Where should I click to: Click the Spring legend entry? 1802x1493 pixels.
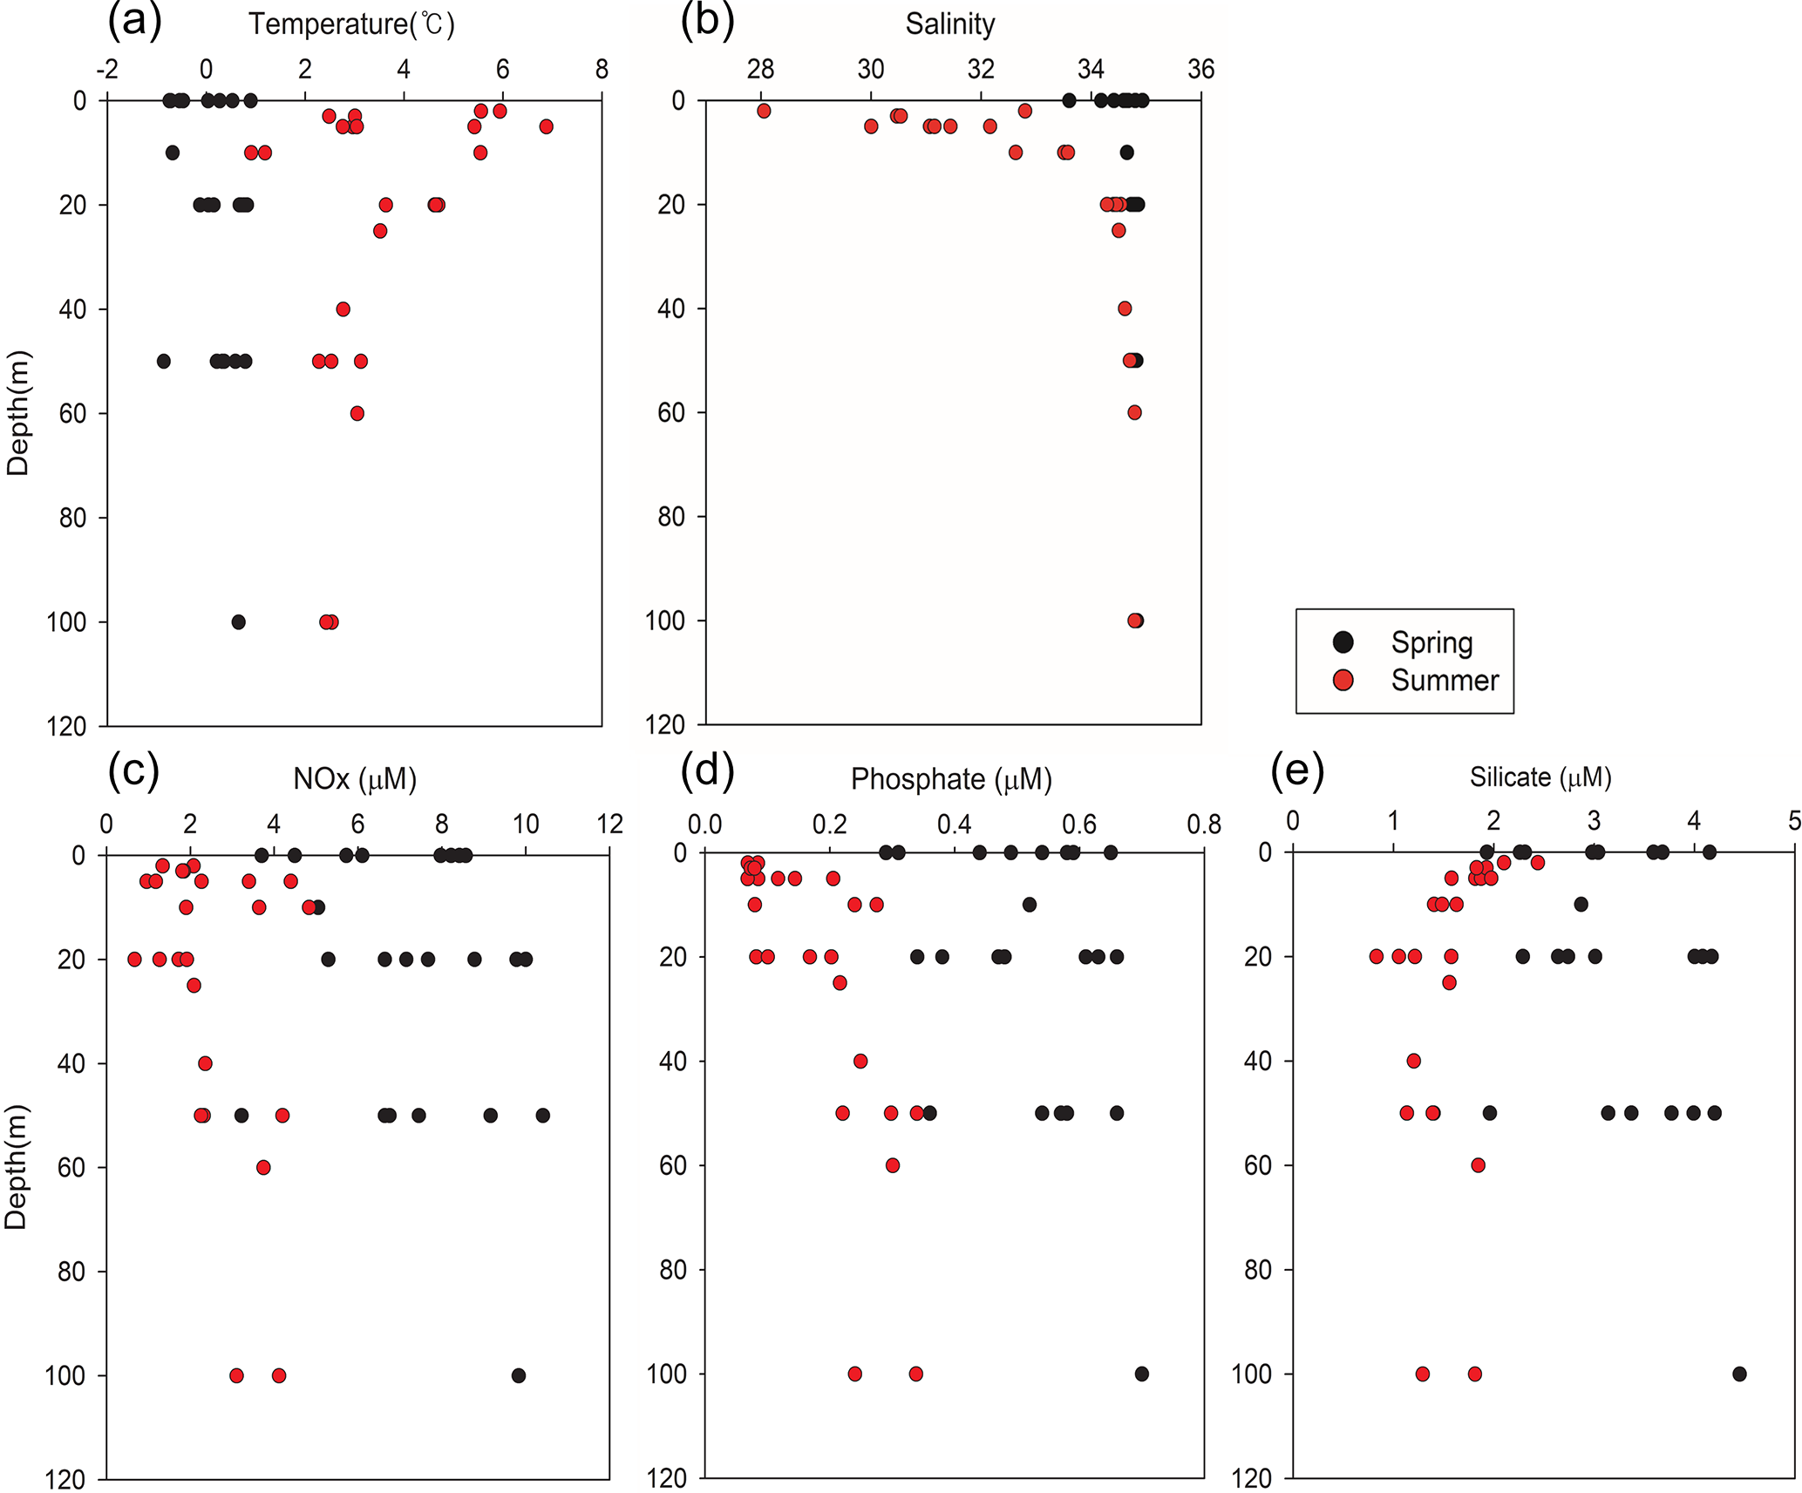(x=1431, y=642)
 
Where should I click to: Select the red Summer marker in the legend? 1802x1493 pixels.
(x=1343, y=680)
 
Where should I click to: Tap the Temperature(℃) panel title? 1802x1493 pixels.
(x=351, y=24)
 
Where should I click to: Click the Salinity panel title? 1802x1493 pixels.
(x=949, y=24)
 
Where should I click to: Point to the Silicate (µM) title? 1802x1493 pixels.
(x=1540, y=777)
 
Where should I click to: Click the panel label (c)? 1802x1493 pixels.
(x=133, y=770)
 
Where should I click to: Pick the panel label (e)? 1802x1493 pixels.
(x=1297, y=770)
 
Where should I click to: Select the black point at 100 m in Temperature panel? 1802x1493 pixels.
(x=238, y=621)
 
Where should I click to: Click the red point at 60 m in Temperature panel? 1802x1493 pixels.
(x=357, y=413)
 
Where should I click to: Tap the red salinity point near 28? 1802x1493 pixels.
(x=764, y=111)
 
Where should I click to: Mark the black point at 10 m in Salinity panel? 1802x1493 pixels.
(x=1126, y=153)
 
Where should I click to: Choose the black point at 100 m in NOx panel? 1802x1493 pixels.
(x=519, y=1375)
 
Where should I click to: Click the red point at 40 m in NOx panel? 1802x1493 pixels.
(x=205, y=1063)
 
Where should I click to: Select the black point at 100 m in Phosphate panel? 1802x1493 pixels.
(x=1141, y=1374)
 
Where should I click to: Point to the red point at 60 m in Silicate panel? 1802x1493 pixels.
(x=1478, y=1165)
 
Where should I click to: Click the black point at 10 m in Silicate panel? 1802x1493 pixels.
(x=1581, y=905)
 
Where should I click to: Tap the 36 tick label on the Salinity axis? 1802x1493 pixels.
(x=1200, y=69)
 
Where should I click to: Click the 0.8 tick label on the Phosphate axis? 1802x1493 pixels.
(x=1204, y=824)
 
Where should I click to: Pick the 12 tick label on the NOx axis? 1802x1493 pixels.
(x=609, y=824)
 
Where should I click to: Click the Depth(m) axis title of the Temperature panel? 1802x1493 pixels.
(x=18, y=412)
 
